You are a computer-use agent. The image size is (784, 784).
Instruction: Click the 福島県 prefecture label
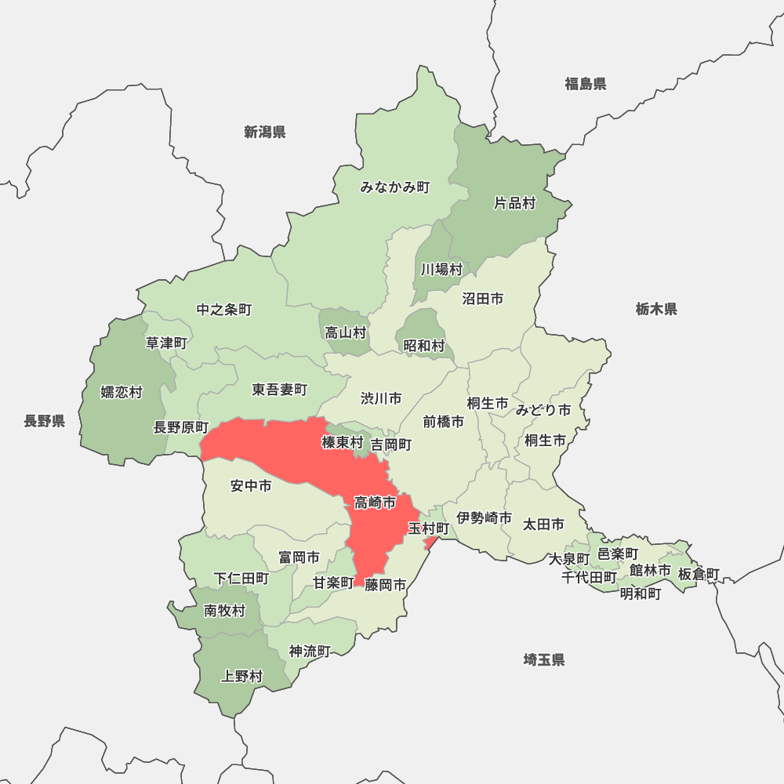[586, 84]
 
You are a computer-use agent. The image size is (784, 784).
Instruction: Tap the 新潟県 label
[264, 132]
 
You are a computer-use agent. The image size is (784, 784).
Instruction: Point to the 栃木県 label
[656, 309]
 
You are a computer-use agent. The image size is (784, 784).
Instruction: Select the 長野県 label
[44, 422]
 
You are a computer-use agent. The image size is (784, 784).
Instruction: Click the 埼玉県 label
[544, 659]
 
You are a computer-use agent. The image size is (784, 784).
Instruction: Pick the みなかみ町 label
[395, 187]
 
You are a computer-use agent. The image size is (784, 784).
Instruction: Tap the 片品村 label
[514, 203]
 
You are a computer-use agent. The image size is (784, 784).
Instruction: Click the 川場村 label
[441, 269]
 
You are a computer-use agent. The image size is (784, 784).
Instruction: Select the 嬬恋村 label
[122, 391]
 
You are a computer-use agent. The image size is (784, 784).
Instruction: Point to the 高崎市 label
[375, 502]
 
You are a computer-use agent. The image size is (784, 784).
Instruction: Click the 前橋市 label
[443, 421]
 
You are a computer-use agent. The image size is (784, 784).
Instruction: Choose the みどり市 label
[543, 409]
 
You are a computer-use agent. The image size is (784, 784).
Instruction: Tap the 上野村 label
[242, 676]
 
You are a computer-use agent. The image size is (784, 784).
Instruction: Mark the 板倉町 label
[699, 574]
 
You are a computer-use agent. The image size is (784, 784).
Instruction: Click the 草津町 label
[166, 343]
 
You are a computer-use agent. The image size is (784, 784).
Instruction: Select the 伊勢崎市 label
[485, 517]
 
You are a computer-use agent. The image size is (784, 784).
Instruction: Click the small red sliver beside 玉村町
[428, 543]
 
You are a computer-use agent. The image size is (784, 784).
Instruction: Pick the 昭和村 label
[424, 345]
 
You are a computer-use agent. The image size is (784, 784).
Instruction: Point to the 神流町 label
[310, 651]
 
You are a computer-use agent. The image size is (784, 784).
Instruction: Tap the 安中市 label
[251, 486]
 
